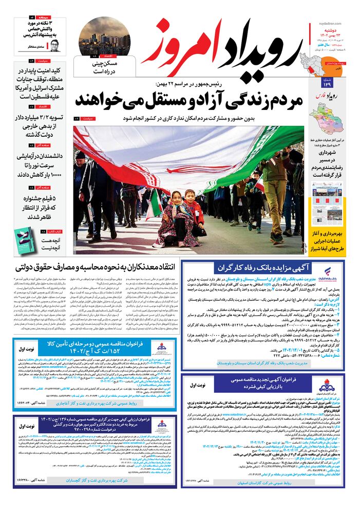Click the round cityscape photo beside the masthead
click(x=104, y=35)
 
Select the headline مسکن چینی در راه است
click(x=104, y=68)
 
